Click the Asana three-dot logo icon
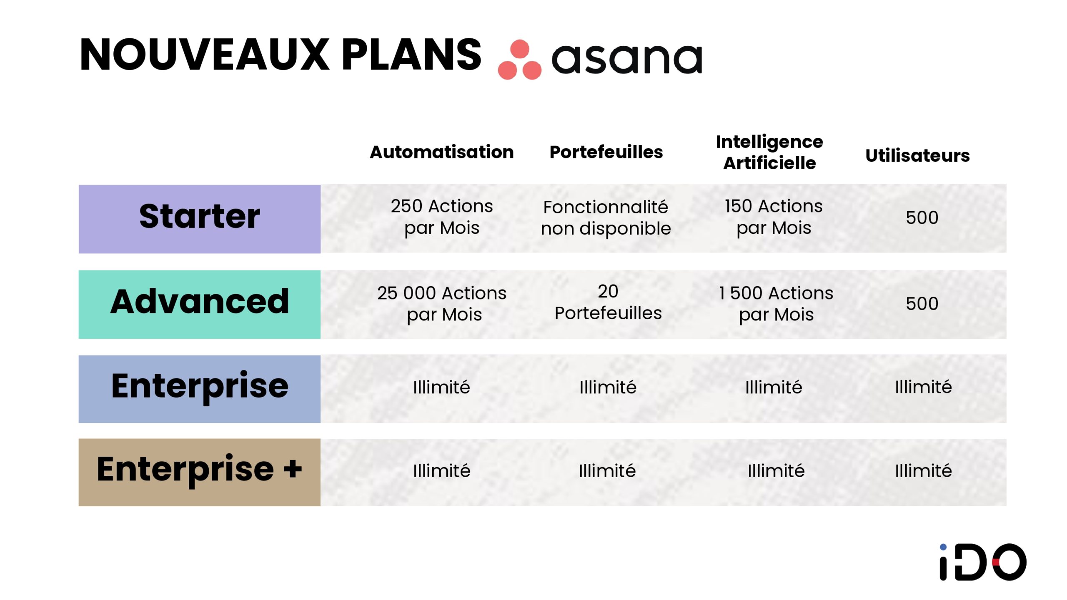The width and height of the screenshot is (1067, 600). point(519,60)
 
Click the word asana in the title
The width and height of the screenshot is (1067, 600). point(627,59)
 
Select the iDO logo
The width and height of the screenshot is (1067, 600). point(982,562)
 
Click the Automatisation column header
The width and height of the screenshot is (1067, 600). point(441,152)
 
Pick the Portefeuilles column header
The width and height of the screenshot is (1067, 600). point(606,152)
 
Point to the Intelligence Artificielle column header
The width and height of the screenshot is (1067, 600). point(769,152)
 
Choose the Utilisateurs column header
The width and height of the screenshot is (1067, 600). point(917,155)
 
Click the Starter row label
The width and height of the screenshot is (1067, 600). point(200,217)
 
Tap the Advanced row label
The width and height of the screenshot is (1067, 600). point(200,302)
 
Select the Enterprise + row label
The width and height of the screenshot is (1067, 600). point(200,470)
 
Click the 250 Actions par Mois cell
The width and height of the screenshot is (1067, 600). point(442,217)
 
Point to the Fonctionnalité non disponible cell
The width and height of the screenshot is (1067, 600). point(606,217)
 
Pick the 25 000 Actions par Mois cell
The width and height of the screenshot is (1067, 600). point(442,303)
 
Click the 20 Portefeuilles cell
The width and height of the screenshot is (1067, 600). point(608,302)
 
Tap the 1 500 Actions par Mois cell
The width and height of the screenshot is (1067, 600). point(776,303)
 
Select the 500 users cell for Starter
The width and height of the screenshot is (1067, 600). point(922,217)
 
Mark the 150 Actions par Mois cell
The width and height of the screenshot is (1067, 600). point(774,217)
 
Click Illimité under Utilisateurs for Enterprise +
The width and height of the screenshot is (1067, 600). point(923,471)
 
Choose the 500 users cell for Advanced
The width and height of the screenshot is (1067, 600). point(922,303)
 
